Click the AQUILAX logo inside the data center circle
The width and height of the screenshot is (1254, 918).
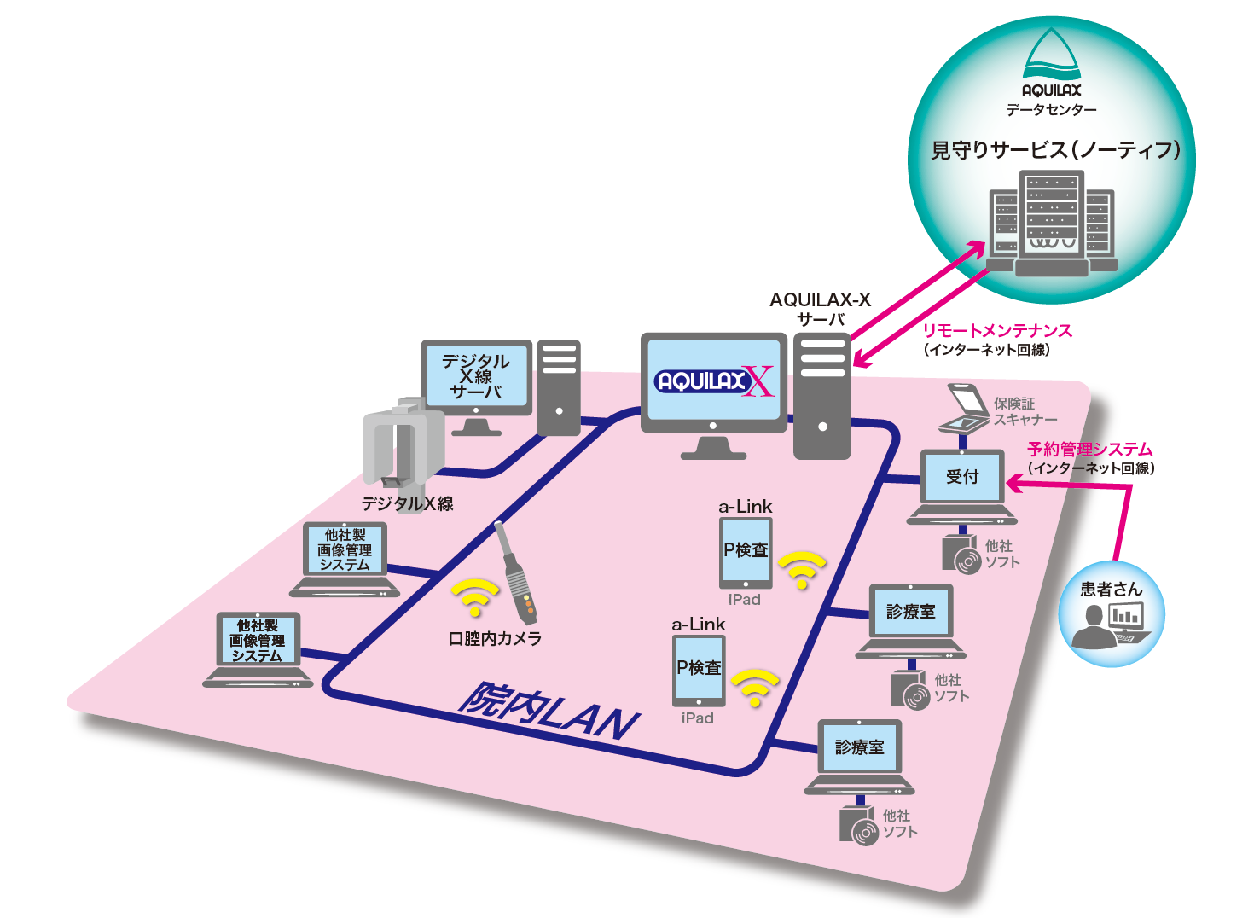tap(1052, 65)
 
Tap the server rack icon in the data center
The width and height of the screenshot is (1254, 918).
tap(1052, 222)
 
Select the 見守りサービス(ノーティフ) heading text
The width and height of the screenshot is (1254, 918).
tap(1055, 150)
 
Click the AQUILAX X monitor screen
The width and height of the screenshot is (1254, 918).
tap(714, 381)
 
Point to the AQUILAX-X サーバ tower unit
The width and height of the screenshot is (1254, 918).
tap(822, 396)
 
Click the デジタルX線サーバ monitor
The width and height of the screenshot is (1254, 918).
tap(476, 377)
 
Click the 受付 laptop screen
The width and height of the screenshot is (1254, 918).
tap(962, 477)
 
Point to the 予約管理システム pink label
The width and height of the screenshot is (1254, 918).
tap(1089, 449)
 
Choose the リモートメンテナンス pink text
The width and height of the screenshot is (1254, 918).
tap(996, 330)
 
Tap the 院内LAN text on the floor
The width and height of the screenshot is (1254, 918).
tap(549, 711)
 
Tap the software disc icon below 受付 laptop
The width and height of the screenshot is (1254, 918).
tap(961, 553)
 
